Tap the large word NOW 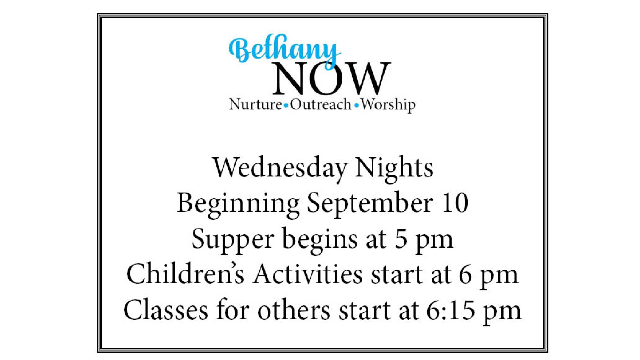tap(332, 78)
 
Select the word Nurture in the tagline tap(256, 104)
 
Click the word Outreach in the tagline tap(321, 104)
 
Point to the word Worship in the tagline tap(388, 105)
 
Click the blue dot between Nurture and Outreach tap(286, 106)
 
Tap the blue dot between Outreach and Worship tap(357, 106)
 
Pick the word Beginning tap(238, 204)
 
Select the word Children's tap(185, 273)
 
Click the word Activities tap(308, 273)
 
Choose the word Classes tap(166, 310)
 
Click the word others tap(294, 310)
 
